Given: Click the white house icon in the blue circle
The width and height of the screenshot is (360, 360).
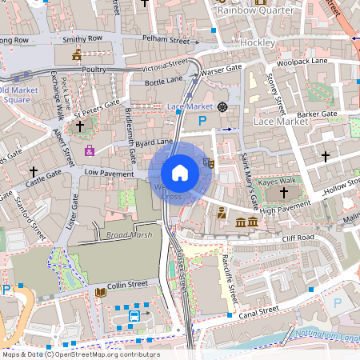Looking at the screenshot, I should point(180,173).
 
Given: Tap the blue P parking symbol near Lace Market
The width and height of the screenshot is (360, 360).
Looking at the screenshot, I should point(202,120).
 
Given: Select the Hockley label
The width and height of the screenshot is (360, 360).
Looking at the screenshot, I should point(258,42).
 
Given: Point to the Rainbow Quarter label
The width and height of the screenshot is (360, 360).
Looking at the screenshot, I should point(254,10).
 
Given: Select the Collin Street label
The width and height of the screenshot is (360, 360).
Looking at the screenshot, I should point(128,284).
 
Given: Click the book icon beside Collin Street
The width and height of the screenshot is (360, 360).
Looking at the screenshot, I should point(100,294).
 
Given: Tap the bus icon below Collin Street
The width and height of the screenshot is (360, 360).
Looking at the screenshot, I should point(134,317).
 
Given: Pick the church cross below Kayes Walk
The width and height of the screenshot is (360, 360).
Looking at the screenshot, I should point(283,193).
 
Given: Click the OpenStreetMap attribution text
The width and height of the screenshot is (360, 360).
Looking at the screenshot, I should point(80,354).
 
